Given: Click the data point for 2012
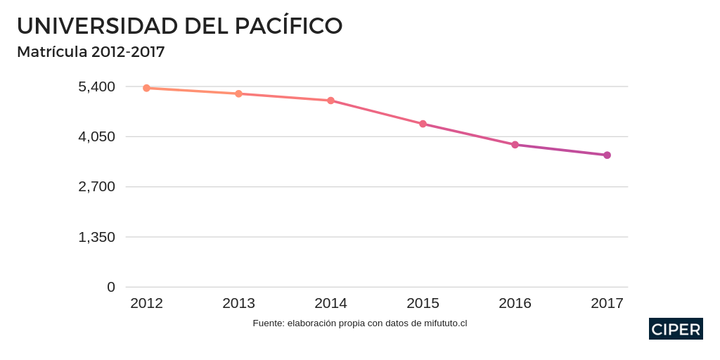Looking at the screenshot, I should [146, 88].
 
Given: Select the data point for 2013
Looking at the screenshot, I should [238, 94].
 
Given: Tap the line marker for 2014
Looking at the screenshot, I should [330, 101].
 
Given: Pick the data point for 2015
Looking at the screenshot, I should [423, 124].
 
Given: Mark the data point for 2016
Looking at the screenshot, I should [515, 145].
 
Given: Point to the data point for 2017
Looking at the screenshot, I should [607, 155].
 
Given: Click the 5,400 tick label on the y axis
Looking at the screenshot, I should [96, 86].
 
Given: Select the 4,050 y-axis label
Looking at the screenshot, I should [96, 136].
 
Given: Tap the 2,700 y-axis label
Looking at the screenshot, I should [96, 187].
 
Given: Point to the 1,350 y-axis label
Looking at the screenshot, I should [96, 237].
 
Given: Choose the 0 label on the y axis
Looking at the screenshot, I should [111, 287].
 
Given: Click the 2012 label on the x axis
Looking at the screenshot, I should [146, 303].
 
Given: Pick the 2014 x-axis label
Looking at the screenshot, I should [330, 303].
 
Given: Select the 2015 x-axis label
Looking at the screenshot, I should [423, 303].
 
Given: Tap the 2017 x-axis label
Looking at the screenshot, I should [607, 303].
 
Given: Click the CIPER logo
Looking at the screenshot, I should [676, 329].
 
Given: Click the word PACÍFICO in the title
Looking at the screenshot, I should [288, 25].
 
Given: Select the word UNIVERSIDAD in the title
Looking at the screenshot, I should [97, 26].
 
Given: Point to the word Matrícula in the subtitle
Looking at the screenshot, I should [52, 52].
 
